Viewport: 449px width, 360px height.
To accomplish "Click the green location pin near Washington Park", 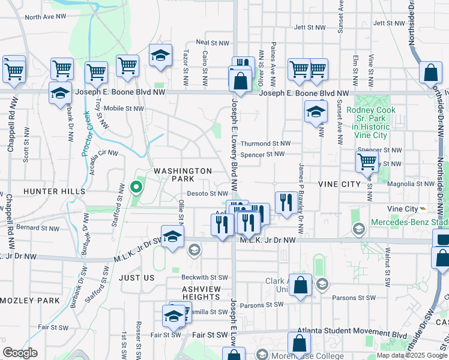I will [x=136, y=187].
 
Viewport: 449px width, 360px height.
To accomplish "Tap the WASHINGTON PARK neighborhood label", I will [x=182, y=175].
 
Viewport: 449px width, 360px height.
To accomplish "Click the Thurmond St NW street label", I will [x=265, y=144].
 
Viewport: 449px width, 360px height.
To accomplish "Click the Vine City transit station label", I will [x=403, y=209].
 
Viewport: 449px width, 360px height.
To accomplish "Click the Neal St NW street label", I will [x=212, y=43].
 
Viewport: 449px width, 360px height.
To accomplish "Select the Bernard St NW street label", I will [x=38, y=228].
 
